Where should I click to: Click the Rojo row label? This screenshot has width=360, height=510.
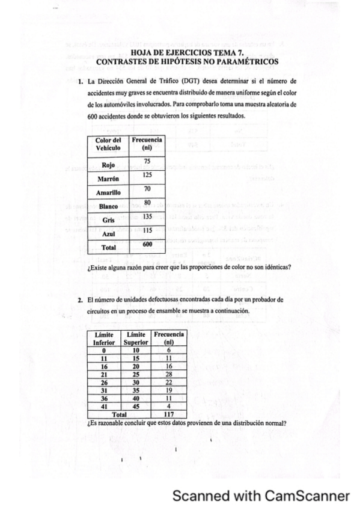pyautogui.click(x=108, y=164)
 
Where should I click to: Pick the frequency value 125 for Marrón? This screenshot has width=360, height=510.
pyautogui.click(x=147, y=175)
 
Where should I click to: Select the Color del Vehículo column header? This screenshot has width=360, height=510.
pyautogui.click(x=108, y=144)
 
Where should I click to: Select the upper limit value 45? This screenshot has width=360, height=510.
pyautogui.click(x=135, y=406)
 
